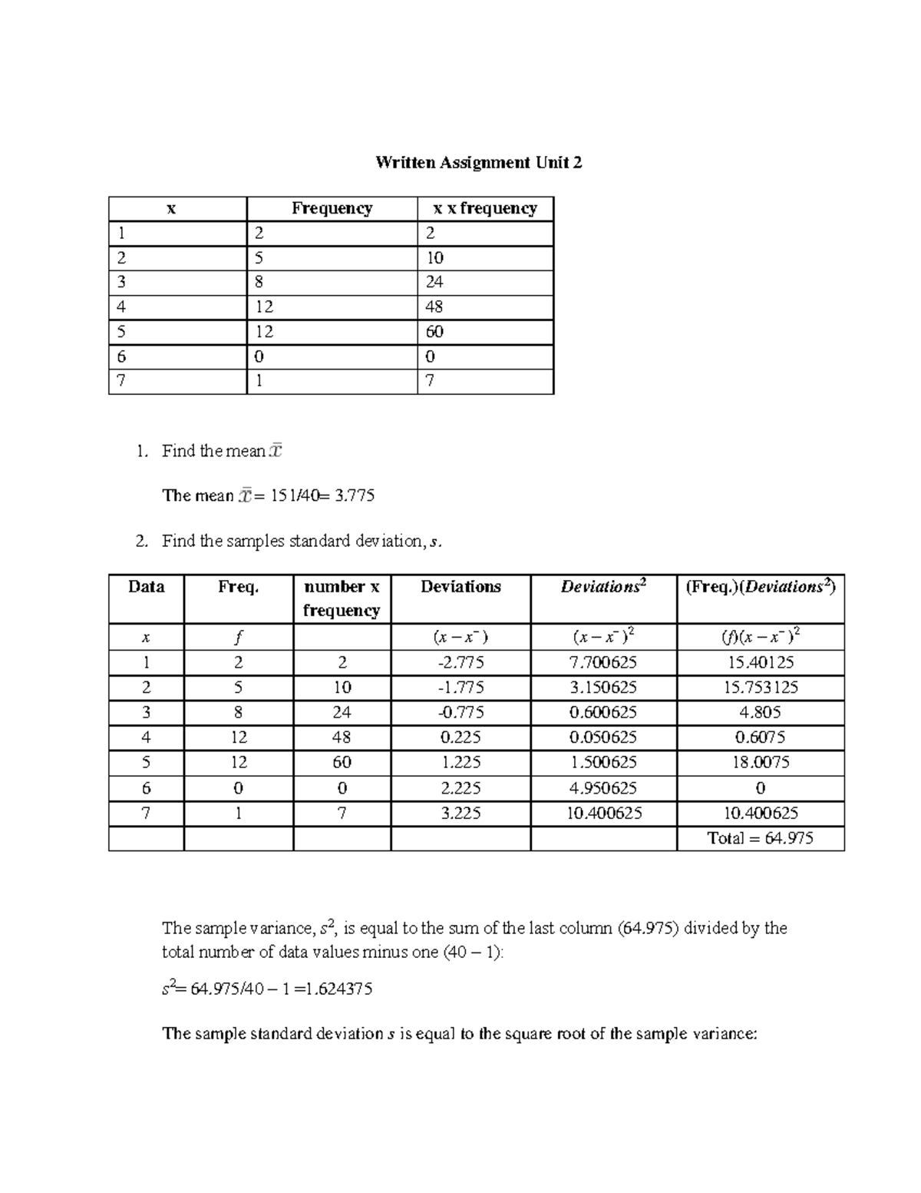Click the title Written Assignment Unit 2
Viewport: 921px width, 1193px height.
pos(478,163)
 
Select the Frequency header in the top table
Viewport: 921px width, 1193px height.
pos(332,209)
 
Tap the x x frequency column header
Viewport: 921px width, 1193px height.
pos(484,209)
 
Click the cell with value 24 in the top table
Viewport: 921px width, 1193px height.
pos(434,283)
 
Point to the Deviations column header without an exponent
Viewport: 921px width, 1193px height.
pos(460,587)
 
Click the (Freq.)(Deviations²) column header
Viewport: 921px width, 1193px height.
pos(760,587)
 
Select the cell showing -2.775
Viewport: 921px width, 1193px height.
pos(460,663)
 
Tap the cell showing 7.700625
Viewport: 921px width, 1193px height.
pos(603,663)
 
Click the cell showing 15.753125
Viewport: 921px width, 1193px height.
pos(760,688)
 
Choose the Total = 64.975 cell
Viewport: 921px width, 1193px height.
pos(760,838)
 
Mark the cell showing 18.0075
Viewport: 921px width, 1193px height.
pos(760,763)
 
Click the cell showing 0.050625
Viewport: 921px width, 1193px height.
pos(603,737)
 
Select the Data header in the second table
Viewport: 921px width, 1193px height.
pos(146,587)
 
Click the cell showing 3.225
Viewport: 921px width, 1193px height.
pos(460,813)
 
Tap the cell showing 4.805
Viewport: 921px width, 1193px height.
pos(760,713)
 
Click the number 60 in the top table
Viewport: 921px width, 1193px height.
pos(434,333)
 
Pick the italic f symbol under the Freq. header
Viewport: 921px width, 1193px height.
pos(239,638)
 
